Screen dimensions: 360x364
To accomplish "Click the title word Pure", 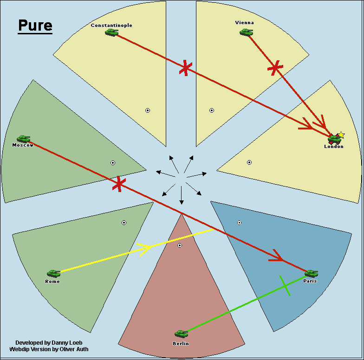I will tap(35, 25).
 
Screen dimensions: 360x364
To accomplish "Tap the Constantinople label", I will tap(111, 25).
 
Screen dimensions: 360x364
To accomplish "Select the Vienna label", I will tap(245, 22).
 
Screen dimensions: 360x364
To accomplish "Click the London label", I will tap(334, 147).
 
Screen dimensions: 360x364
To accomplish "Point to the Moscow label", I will tap(23, 145).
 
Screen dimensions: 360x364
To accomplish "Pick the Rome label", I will tap(52, 282).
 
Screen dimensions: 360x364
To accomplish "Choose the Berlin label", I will tap(181, 343).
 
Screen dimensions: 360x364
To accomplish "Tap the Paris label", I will tap(310, 281).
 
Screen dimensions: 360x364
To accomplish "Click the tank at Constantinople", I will tap(111, 32).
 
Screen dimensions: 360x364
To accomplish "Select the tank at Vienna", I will tap(246, 32).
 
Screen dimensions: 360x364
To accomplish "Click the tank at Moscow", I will tap(23, 139).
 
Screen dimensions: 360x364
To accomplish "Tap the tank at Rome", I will tap(53, 273).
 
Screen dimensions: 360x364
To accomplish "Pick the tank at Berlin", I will tap(181, 334).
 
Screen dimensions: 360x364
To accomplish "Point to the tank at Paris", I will tap(311, 273).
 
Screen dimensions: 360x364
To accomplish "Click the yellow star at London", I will tap(341, 135).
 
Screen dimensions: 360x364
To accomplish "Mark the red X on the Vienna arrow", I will tap(275, 68).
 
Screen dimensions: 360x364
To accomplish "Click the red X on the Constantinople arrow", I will tap(186, 68).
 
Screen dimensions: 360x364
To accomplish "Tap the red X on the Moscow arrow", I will tap(119, 184).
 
